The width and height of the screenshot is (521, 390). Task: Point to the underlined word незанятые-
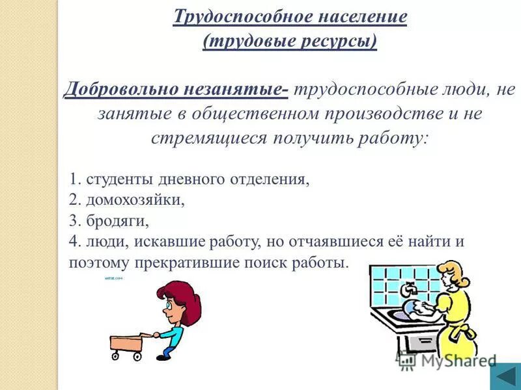(x=232, y=90)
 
